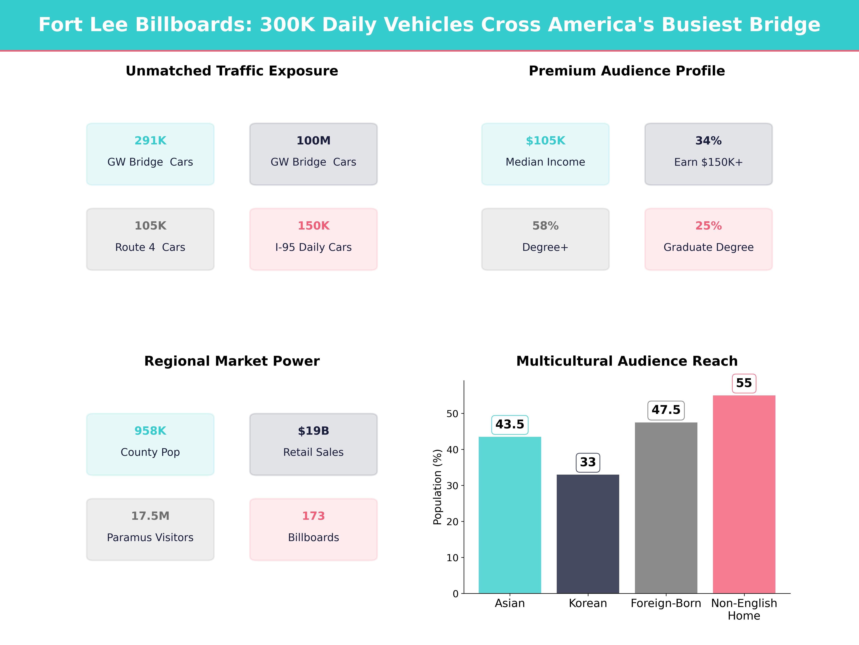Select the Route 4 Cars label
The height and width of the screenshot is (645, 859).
pos(150,247)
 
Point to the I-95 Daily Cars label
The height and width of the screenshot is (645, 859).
pos(313,247)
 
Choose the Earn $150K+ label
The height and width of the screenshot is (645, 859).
pos(708,162)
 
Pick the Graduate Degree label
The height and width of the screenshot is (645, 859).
pos(708,247)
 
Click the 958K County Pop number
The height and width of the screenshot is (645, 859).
pos(150,431)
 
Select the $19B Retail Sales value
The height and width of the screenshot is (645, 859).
pos(313,431)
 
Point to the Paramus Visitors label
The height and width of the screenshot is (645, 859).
pos(150,537)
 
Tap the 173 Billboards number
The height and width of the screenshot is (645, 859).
pos(313,516)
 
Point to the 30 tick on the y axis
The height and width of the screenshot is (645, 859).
pos(452,486)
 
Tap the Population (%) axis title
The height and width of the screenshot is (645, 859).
pos(438,487)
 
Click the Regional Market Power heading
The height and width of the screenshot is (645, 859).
pos(232,361)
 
